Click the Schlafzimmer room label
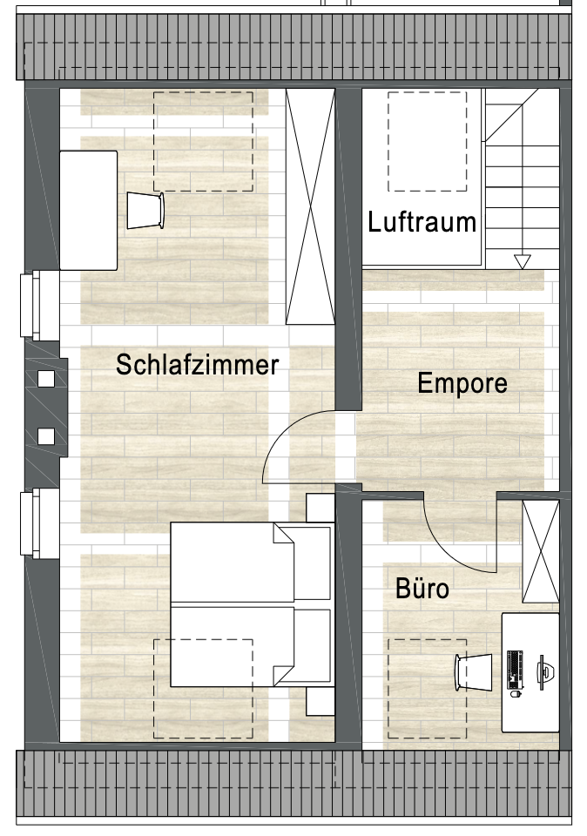pos(198,365)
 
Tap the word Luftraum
pos(422,221)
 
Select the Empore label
pos(462,383)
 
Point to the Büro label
pos(422,589)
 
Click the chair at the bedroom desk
pos(145,211)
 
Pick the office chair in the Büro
pos(474,672)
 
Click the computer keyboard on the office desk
pos(515,669)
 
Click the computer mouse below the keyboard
pos(515,694)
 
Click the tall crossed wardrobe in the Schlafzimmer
pos(310,206)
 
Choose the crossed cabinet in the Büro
pos(541,551)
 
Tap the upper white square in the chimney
pos(46,379)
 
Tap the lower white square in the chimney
pos(46,436)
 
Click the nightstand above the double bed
pos(320,508)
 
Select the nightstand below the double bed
pos(320,701)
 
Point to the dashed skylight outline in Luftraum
pos(427,141)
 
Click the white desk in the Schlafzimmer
pos(89,211)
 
